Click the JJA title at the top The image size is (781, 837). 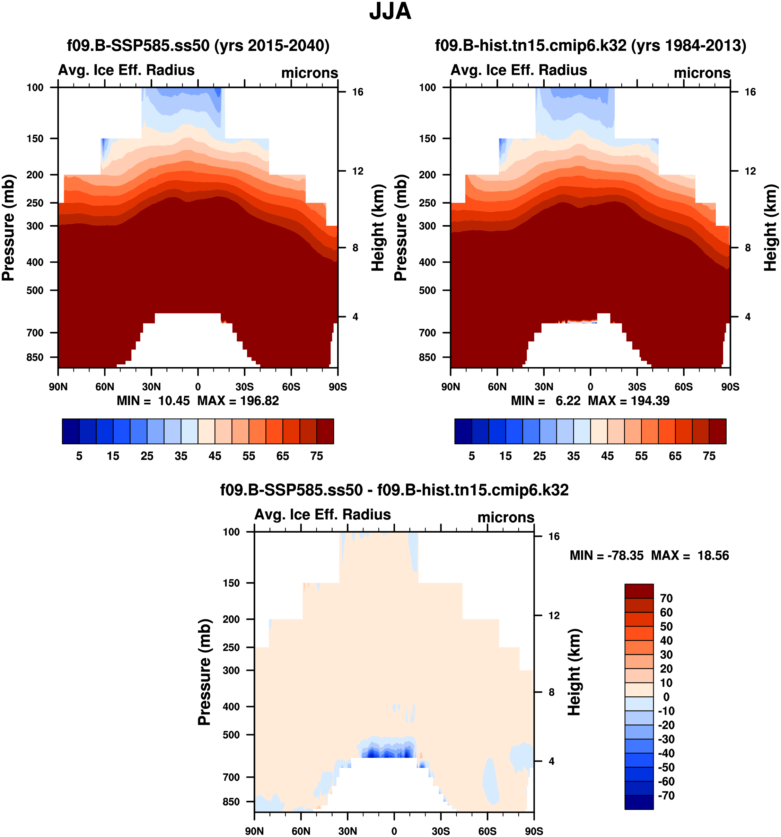[x=390, y=12]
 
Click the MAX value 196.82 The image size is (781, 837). [x=259, y=401]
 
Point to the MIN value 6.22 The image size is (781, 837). [x=568, y=401]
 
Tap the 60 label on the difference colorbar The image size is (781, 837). [x=666, y=612]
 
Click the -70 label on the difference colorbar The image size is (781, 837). [x=666, y=795]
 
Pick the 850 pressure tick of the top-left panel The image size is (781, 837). [x=35, y=357]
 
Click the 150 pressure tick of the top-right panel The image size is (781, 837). [x=427, y=139]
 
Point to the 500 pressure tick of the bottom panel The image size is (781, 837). [x=231, y=735]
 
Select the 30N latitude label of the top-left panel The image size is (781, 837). [x=151, y=387]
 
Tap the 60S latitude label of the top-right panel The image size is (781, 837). [x=683, y=387]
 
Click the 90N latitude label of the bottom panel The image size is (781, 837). [x=254, y=831]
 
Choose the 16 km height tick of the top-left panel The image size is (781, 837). [x=358, y=92]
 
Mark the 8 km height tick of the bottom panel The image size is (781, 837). [x=551, y=692]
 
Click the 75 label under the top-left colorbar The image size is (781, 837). [x=316, y=456]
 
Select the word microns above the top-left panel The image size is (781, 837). [x=310, y=73]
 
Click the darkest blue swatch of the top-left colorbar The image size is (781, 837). [x=70, y=431]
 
